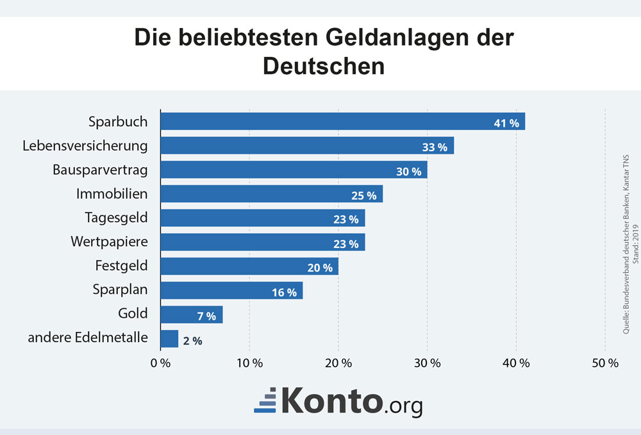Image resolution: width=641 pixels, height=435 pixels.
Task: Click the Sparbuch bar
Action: tap(342, 121)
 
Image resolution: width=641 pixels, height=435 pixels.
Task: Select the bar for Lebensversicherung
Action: tap(306, 145)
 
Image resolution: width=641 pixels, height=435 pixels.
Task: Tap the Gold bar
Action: tap(191, 315)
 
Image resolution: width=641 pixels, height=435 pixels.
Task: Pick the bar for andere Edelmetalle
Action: tap(169, 339)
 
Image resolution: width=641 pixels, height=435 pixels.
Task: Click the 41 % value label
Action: tap(506, 123)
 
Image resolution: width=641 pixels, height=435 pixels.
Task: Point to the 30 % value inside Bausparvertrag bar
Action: tap(408, 171)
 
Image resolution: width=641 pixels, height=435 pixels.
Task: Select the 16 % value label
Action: tap(284, 292)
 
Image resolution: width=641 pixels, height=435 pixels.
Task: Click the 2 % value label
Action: tap(192, 341)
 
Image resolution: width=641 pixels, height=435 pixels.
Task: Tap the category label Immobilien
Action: tap(112, 193)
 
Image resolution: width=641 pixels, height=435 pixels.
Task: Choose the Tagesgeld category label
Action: tap(116, 218)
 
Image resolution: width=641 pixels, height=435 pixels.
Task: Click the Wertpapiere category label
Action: tap(109, 242)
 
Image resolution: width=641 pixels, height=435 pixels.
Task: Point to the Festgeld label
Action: tap(121, 266)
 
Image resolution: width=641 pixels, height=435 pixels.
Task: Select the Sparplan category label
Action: tap(120, 290)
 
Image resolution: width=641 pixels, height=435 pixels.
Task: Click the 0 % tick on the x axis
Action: tap(160, 363)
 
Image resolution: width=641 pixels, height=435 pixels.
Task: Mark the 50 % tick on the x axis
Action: tap(605, 363)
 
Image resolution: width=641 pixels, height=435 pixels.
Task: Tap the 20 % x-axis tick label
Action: tap(338, 363)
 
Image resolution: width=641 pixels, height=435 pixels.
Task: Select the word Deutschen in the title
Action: tap(324, 66)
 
